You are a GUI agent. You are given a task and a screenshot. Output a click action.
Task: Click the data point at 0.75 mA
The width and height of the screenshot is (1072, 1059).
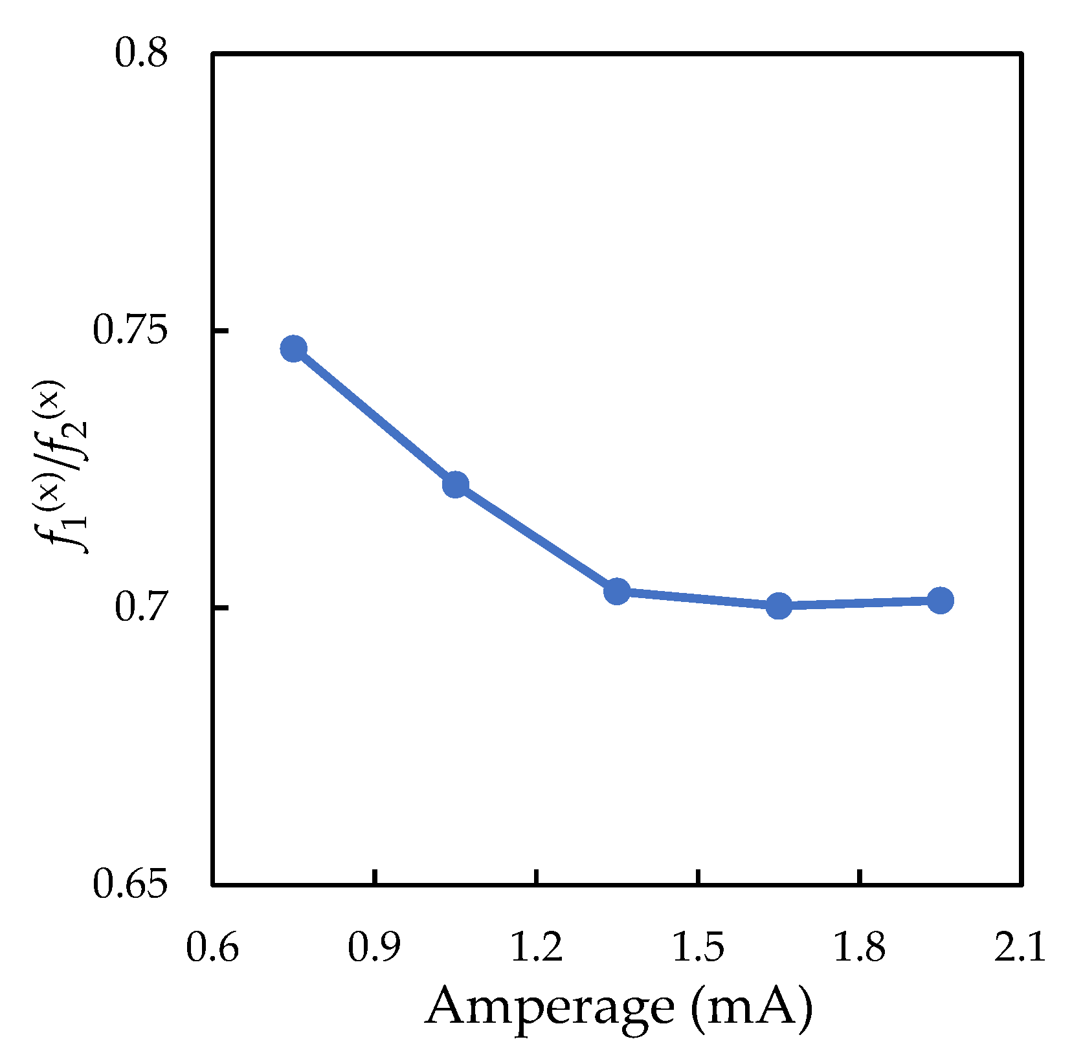(x=293, y=349)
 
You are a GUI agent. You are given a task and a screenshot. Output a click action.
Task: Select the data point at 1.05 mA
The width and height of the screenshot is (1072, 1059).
(x=455, y=484)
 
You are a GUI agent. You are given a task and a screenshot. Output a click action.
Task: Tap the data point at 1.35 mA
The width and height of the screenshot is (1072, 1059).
(x=617, y=590)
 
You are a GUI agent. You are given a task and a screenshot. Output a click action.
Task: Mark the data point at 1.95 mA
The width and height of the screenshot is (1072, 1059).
(x=940, y=601)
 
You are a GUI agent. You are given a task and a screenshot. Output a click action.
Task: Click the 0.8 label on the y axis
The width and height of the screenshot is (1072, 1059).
(x=141, y=53)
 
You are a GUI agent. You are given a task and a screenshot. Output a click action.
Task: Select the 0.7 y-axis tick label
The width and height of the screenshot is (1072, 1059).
(x=141, y=608)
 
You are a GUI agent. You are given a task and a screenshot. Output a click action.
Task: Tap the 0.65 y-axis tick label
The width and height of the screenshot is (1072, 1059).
(x=130, y=884)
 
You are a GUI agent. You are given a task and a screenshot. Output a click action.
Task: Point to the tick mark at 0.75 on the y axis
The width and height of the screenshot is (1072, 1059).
(x=220, y=331)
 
